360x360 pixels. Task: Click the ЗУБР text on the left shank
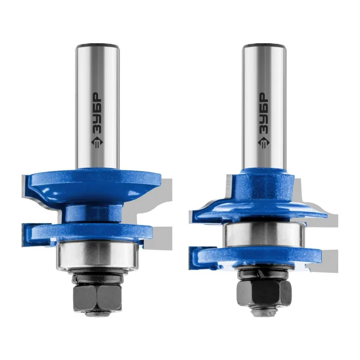(x=97, y=113)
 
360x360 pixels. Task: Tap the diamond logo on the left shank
(x=97, y=142)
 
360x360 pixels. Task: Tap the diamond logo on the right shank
(x=264, y=143)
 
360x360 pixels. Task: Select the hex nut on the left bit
(x=97, y=297)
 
